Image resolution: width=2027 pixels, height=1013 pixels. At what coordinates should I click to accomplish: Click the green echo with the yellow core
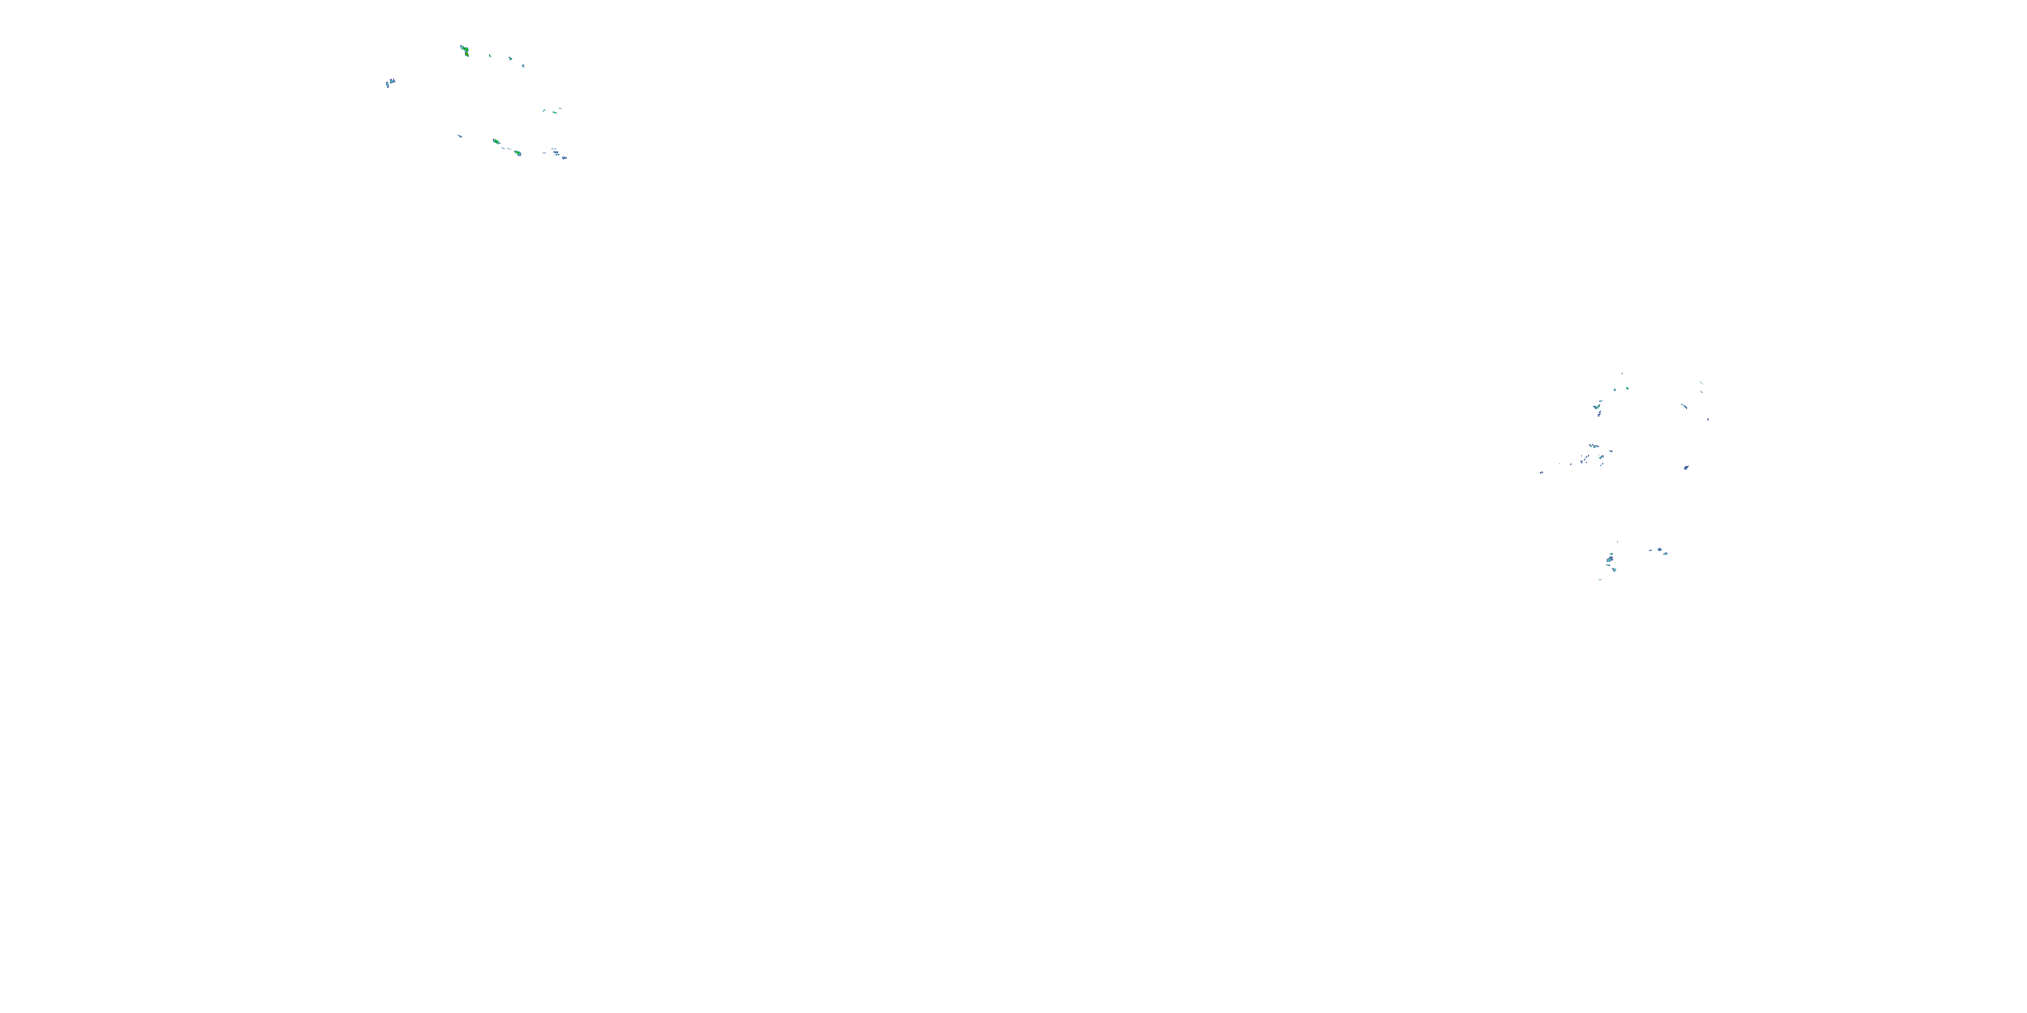pyautogui.click(x=465, y=51)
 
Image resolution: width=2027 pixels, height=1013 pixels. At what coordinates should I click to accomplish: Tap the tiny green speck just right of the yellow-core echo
pyautogui.click(x=491, y=56)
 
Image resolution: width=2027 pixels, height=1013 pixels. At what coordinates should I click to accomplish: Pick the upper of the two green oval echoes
pyautogui.click(x=496, y=142)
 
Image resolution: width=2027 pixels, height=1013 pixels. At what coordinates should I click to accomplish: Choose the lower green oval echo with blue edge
pyautogui.click(x=518, y=153)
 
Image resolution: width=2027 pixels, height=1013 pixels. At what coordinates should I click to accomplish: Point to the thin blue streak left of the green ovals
pyautogui.click(x=460, y=136)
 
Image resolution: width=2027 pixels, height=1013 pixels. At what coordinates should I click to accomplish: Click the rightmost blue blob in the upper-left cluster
pyautogui.click(x=564, y=157)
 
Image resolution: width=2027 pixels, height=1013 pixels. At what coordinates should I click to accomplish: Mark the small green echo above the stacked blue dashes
pyautogui.click(x=555, y=111)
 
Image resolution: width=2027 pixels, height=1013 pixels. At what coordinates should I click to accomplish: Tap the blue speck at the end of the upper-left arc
pyautogui.click(x=523, y=66)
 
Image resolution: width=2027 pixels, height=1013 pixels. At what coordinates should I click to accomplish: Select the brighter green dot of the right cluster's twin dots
pyautogui.click(x=1627, y=388)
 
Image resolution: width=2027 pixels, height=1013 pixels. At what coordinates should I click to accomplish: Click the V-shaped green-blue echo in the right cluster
pyautogui.click(x=1597, y=407)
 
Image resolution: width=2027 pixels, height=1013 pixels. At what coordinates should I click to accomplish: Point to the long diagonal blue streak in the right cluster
pyautogui.click(x=1684, y=406)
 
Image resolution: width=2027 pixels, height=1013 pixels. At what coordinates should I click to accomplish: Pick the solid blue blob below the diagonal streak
pyautogui.click(x=1686, y=467)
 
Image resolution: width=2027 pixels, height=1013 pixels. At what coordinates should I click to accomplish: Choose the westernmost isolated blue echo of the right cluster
pyautogui.click(x=1541, y=472)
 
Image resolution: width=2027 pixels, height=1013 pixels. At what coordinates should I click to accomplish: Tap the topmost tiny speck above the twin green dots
pyautogui.click(x=1622, y=373)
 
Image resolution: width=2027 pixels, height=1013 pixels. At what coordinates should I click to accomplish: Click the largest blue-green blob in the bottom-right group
pyautogui.click(x=1610, y=559)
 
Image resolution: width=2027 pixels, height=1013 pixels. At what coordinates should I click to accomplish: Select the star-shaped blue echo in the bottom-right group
pyautogui.click(x=1659, y=549)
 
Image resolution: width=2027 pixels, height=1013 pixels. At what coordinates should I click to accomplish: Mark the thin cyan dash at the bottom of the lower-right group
pyautogui.click(x=1600, y=579)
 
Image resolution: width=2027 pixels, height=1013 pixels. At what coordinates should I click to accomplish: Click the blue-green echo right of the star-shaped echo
pyautogui.click(x=1667, y=553)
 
